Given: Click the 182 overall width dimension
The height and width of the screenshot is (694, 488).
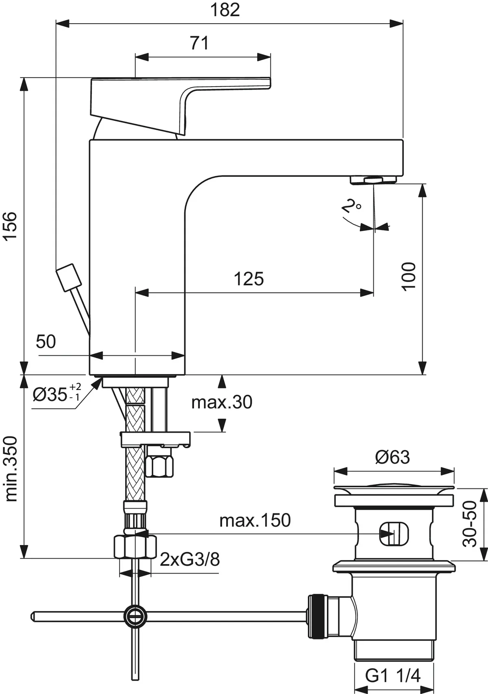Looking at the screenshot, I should pos(225,10).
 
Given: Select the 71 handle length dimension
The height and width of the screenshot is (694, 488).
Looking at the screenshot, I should pos(199,43).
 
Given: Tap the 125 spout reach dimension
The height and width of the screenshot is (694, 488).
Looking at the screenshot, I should pos(248,279).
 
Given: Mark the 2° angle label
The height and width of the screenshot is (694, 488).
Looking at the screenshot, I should pos(351,207).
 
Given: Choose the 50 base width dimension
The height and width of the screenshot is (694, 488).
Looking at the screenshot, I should pos(46,342).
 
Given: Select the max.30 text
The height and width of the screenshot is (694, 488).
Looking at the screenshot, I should pos(222,403).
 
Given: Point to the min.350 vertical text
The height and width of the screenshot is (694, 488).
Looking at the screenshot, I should pos(11,469).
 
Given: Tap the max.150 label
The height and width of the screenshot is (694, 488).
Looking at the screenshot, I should pos(255,520).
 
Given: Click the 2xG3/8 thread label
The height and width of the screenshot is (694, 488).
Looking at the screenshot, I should pos(190,560).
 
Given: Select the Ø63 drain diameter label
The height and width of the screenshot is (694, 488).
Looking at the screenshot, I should pos(392,457).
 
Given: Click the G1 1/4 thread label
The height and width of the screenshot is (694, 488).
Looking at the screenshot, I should pos(392,676).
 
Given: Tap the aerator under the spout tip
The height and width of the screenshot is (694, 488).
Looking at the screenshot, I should pos(373,180).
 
